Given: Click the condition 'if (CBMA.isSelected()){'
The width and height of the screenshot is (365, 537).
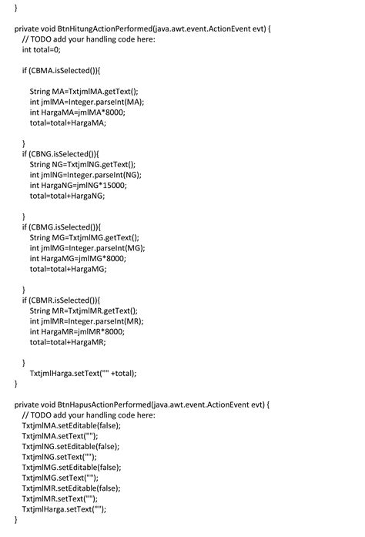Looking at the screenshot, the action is pos(62,70).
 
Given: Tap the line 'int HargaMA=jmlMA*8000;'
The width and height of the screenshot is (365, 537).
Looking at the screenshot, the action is pos(78,112).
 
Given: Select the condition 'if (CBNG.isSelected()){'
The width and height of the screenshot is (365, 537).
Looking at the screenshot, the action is pos(62,153).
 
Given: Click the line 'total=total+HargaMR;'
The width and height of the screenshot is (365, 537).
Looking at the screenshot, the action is pos(68,342).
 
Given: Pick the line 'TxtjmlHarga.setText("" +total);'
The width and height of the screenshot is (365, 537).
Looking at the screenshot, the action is pos(83,373).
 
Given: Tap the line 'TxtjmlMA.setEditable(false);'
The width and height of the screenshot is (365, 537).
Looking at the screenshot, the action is pos(72,425).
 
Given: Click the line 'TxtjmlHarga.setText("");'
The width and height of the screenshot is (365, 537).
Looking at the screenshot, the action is pos(64,509).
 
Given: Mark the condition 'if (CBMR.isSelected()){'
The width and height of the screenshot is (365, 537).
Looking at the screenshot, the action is pos(62,300).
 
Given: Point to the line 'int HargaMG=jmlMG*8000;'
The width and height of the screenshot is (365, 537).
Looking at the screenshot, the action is pos(78,258).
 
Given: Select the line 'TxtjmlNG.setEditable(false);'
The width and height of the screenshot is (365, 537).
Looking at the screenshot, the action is pos(71,446).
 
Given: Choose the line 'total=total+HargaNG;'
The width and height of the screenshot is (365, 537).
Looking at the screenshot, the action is pos(67,196).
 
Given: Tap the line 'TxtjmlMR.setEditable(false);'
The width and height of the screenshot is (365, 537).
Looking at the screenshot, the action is pos(72,488).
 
